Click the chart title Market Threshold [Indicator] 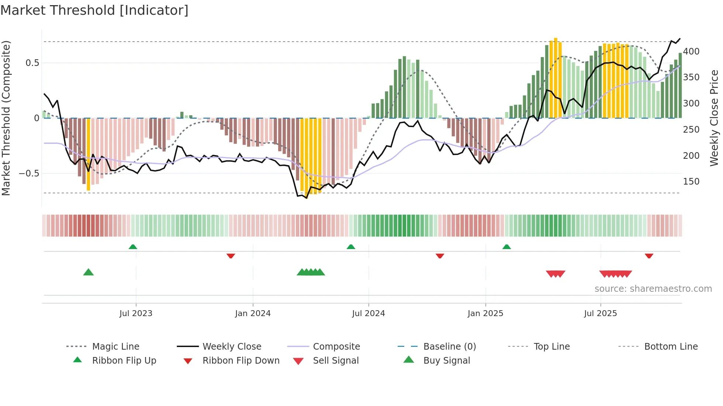click(94, 10)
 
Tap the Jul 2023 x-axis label click(136, 313)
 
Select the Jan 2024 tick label click(253, 313)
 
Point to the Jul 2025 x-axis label click(600, 313)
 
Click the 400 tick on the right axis click(691, 52)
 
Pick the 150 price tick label click(691, 182)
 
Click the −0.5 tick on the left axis click(29, 174)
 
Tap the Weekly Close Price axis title click(714, 118)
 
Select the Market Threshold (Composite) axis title click(6, 118)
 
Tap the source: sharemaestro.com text click(653, 289)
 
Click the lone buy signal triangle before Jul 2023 click(89, 272)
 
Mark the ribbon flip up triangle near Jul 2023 click(133, 247)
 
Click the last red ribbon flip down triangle click(649, 256)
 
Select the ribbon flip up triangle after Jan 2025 click(506, 247)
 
